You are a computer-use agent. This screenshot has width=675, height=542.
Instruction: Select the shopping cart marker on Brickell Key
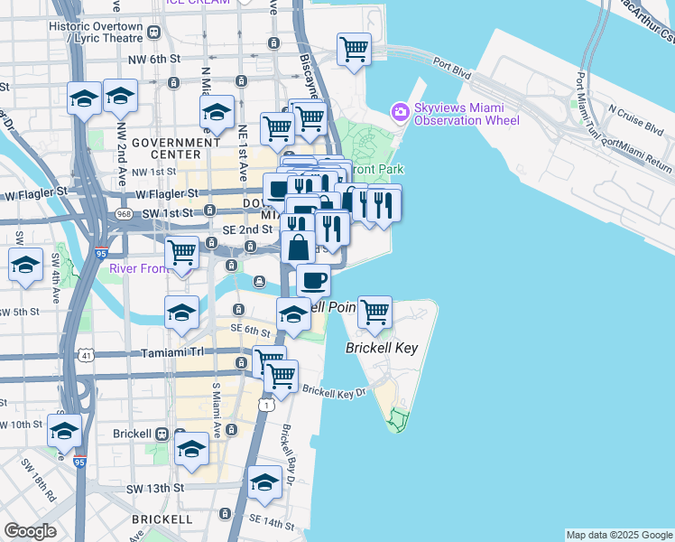(374, 313)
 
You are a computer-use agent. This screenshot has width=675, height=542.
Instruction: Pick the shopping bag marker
(298, 246)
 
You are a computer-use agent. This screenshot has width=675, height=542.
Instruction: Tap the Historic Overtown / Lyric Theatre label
(97, 32)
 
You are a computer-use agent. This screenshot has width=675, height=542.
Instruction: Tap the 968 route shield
(124, 214)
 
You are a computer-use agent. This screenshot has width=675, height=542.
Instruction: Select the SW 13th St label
(155, 488)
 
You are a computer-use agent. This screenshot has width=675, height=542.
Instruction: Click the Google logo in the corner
(30, 531)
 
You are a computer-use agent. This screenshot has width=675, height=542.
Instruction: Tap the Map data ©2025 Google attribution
(619, 535)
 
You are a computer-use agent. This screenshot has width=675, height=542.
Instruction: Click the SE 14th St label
(272, 522)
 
